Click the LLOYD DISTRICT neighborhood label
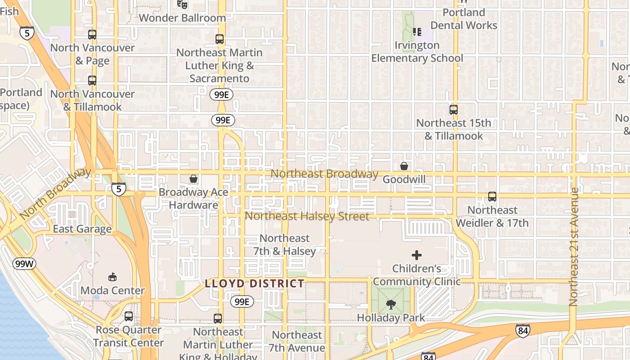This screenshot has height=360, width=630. click(x=255, y=283)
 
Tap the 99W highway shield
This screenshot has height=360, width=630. click(x=24, y=264)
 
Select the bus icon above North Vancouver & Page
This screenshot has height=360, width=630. click(x=92, y=35)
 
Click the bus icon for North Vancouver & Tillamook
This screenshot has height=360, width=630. click(x=92, y=81)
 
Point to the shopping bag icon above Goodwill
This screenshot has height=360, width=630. click(x=404, y=166)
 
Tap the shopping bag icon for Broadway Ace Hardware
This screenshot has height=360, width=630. click(x=193, y=179)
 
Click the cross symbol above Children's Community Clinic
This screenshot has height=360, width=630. click(x=417, y=255)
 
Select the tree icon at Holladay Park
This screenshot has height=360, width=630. click(x=391, y=305)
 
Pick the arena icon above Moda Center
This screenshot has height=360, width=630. click(x=112, y=277)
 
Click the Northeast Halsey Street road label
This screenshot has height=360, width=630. click(x=307, y=216)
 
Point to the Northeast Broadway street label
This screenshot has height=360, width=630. click(x=324, y=174)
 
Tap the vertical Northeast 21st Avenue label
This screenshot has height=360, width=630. click(x=573, y=247)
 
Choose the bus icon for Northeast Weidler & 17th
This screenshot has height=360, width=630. click(x=492, y=197)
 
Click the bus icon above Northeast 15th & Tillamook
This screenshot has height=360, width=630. click(x=454, y=109)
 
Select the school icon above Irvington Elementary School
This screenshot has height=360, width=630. click(x=417, y=31)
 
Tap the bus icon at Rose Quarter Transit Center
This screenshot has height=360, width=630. click(x=129, y=316)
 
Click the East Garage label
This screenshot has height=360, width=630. click(x=82, y=229)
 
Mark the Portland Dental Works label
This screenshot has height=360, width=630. click(x=464, y=19)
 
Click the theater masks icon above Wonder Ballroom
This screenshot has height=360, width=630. click(x=182, y=4)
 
